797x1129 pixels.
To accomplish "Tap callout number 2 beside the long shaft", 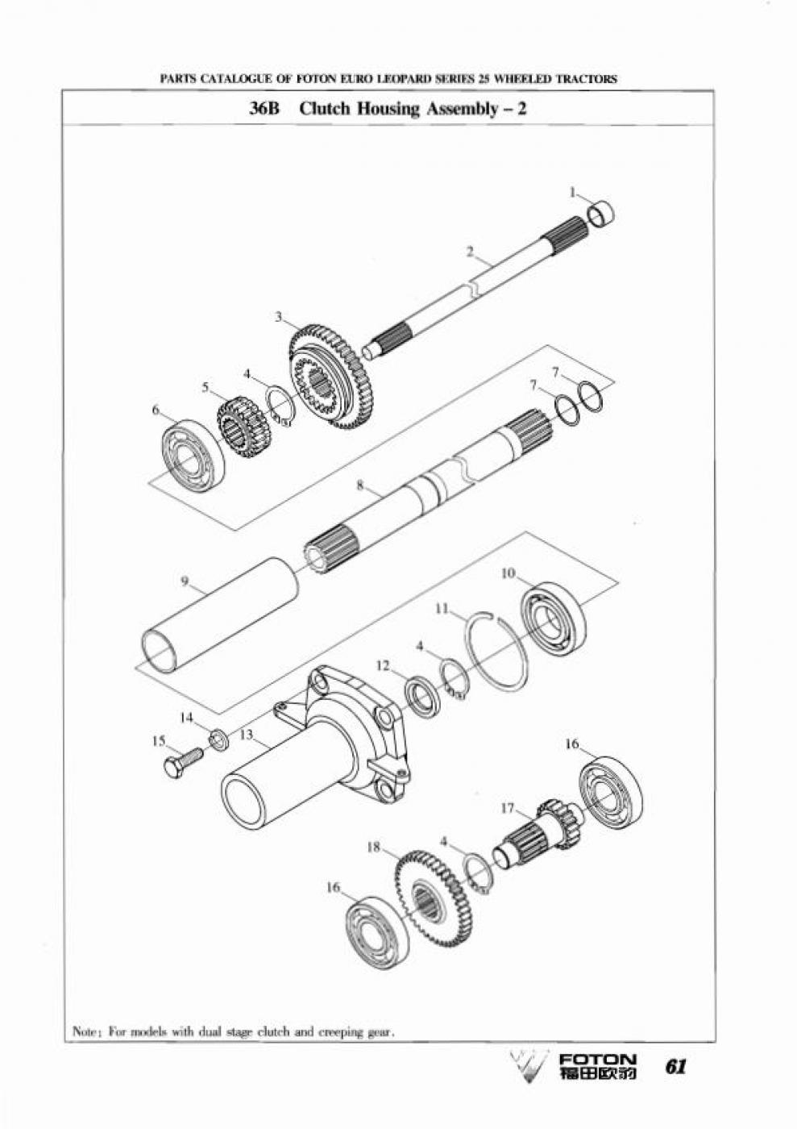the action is point(470,252).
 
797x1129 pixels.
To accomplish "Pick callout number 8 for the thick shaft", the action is point(359,485).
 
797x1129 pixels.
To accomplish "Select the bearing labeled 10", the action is point(554,619).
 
